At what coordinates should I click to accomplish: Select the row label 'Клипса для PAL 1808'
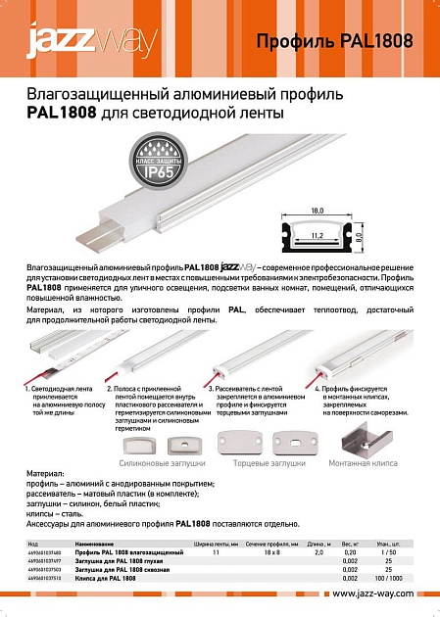tap(108, 577)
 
